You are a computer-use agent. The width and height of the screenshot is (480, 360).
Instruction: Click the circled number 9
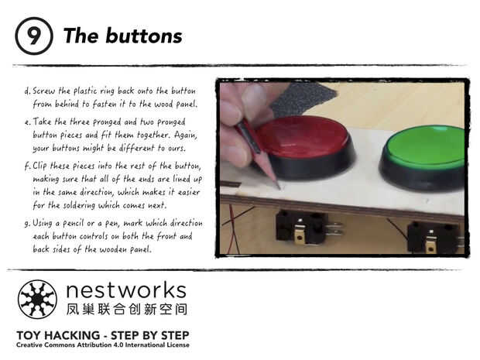click(34, 36)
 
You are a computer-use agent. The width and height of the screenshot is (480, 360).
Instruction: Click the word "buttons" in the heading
click(144, 36)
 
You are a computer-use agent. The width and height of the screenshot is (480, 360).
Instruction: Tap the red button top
click(302, 136)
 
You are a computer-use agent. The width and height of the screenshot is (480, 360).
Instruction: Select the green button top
click(427, 147)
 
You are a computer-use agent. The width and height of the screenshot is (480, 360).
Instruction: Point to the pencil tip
click(279, 187)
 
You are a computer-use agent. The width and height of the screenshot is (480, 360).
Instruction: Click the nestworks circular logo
click(37, 300)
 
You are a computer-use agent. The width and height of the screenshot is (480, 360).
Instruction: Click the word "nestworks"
click(126, 290)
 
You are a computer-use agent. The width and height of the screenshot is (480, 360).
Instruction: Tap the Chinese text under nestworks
click(127, 309)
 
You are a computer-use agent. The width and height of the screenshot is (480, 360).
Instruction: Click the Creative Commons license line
click(103, 345)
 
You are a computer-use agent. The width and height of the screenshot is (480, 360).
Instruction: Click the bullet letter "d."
click(28, 91)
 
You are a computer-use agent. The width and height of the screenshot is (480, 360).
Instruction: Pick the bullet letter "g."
click(28, 224)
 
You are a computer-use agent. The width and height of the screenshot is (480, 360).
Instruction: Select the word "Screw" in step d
click(44, 91)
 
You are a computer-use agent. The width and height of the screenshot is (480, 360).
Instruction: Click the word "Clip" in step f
click(40, 166)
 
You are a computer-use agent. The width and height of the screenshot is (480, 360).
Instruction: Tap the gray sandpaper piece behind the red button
click(301, 98)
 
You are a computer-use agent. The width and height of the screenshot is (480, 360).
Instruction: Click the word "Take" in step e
click(42, 122)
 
